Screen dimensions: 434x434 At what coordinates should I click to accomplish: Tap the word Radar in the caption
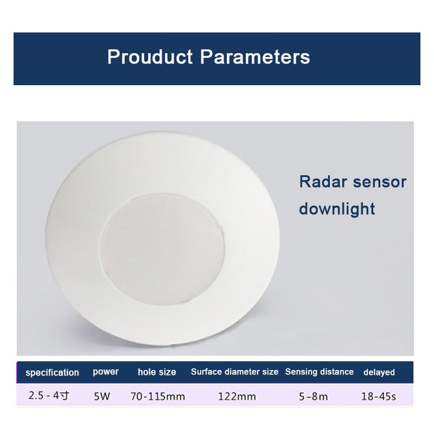tap(323, 182)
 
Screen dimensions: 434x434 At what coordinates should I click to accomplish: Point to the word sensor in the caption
tap(379, 182)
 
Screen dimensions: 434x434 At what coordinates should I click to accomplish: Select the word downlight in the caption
tap(337, 209)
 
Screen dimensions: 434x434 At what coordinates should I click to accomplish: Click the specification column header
tap(52, 373)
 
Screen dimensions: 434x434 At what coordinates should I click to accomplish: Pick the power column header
tap(105, 372)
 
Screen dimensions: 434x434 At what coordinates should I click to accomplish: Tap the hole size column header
tap(157, 372)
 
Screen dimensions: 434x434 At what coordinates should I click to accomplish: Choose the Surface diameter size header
tap(234, 372)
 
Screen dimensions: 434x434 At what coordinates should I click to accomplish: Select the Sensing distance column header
tap(320, 372)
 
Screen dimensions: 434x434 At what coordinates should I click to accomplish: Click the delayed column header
tap(379, 373)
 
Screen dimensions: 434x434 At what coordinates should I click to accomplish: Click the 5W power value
tap(101, 397)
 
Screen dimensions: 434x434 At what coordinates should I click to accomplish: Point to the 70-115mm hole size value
tap(157, 397)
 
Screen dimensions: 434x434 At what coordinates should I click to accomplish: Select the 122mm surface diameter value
tap(237, 397)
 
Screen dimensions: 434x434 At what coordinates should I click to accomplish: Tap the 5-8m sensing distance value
tap(314, 397)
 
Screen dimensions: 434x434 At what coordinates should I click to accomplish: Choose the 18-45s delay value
tap(379, 397)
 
